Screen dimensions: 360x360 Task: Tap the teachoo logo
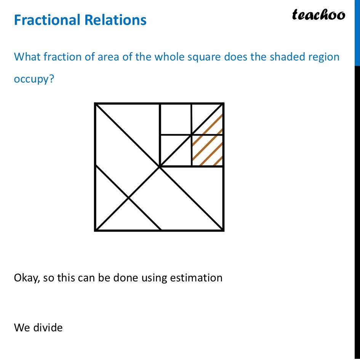pos(318,15)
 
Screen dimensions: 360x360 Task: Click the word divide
pos(48,327)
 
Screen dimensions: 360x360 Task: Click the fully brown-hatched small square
pos(207,150)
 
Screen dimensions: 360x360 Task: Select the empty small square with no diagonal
pos(176,119)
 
